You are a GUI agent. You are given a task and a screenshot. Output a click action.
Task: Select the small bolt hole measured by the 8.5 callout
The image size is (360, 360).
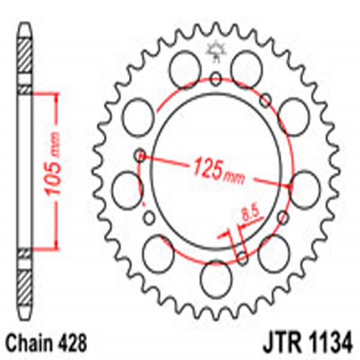pos(242,259)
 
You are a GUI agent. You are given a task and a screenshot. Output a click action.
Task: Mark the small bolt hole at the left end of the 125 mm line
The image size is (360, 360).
pos(140,156)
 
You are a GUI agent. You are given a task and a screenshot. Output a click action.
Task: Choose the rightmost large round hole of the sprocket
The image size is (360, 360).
pos(305,185)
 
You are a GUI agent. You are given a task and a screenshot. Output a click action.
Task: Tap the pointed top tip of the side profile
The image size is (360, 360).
pos(24,25)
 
